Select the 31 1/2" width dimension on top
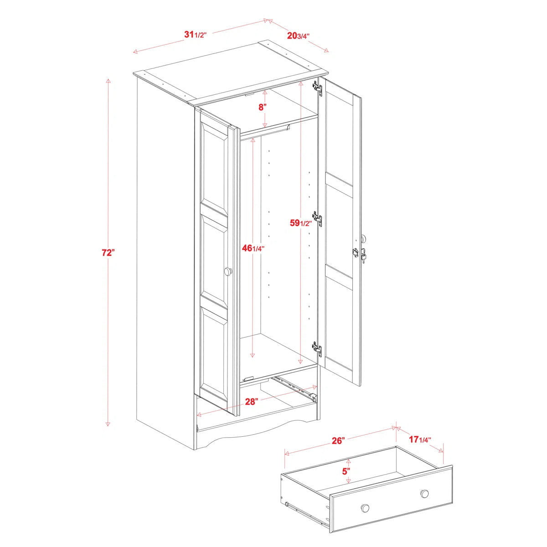point(196,35)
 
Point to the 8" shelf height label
point(262,108)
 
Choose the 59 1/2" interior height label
point(301,223)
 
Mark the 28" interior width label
point(252,402)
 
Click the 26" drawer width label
point(338,440)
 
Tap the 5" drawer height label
point(347,471)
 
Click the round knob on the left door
point(228,272)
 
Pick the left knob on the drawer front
point(365,508)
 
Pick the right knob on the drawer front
point(424,493)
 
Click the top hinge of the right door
point(317,88)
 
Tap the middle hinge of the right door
point(317,219)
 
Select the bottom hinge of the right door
point(317,348)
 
